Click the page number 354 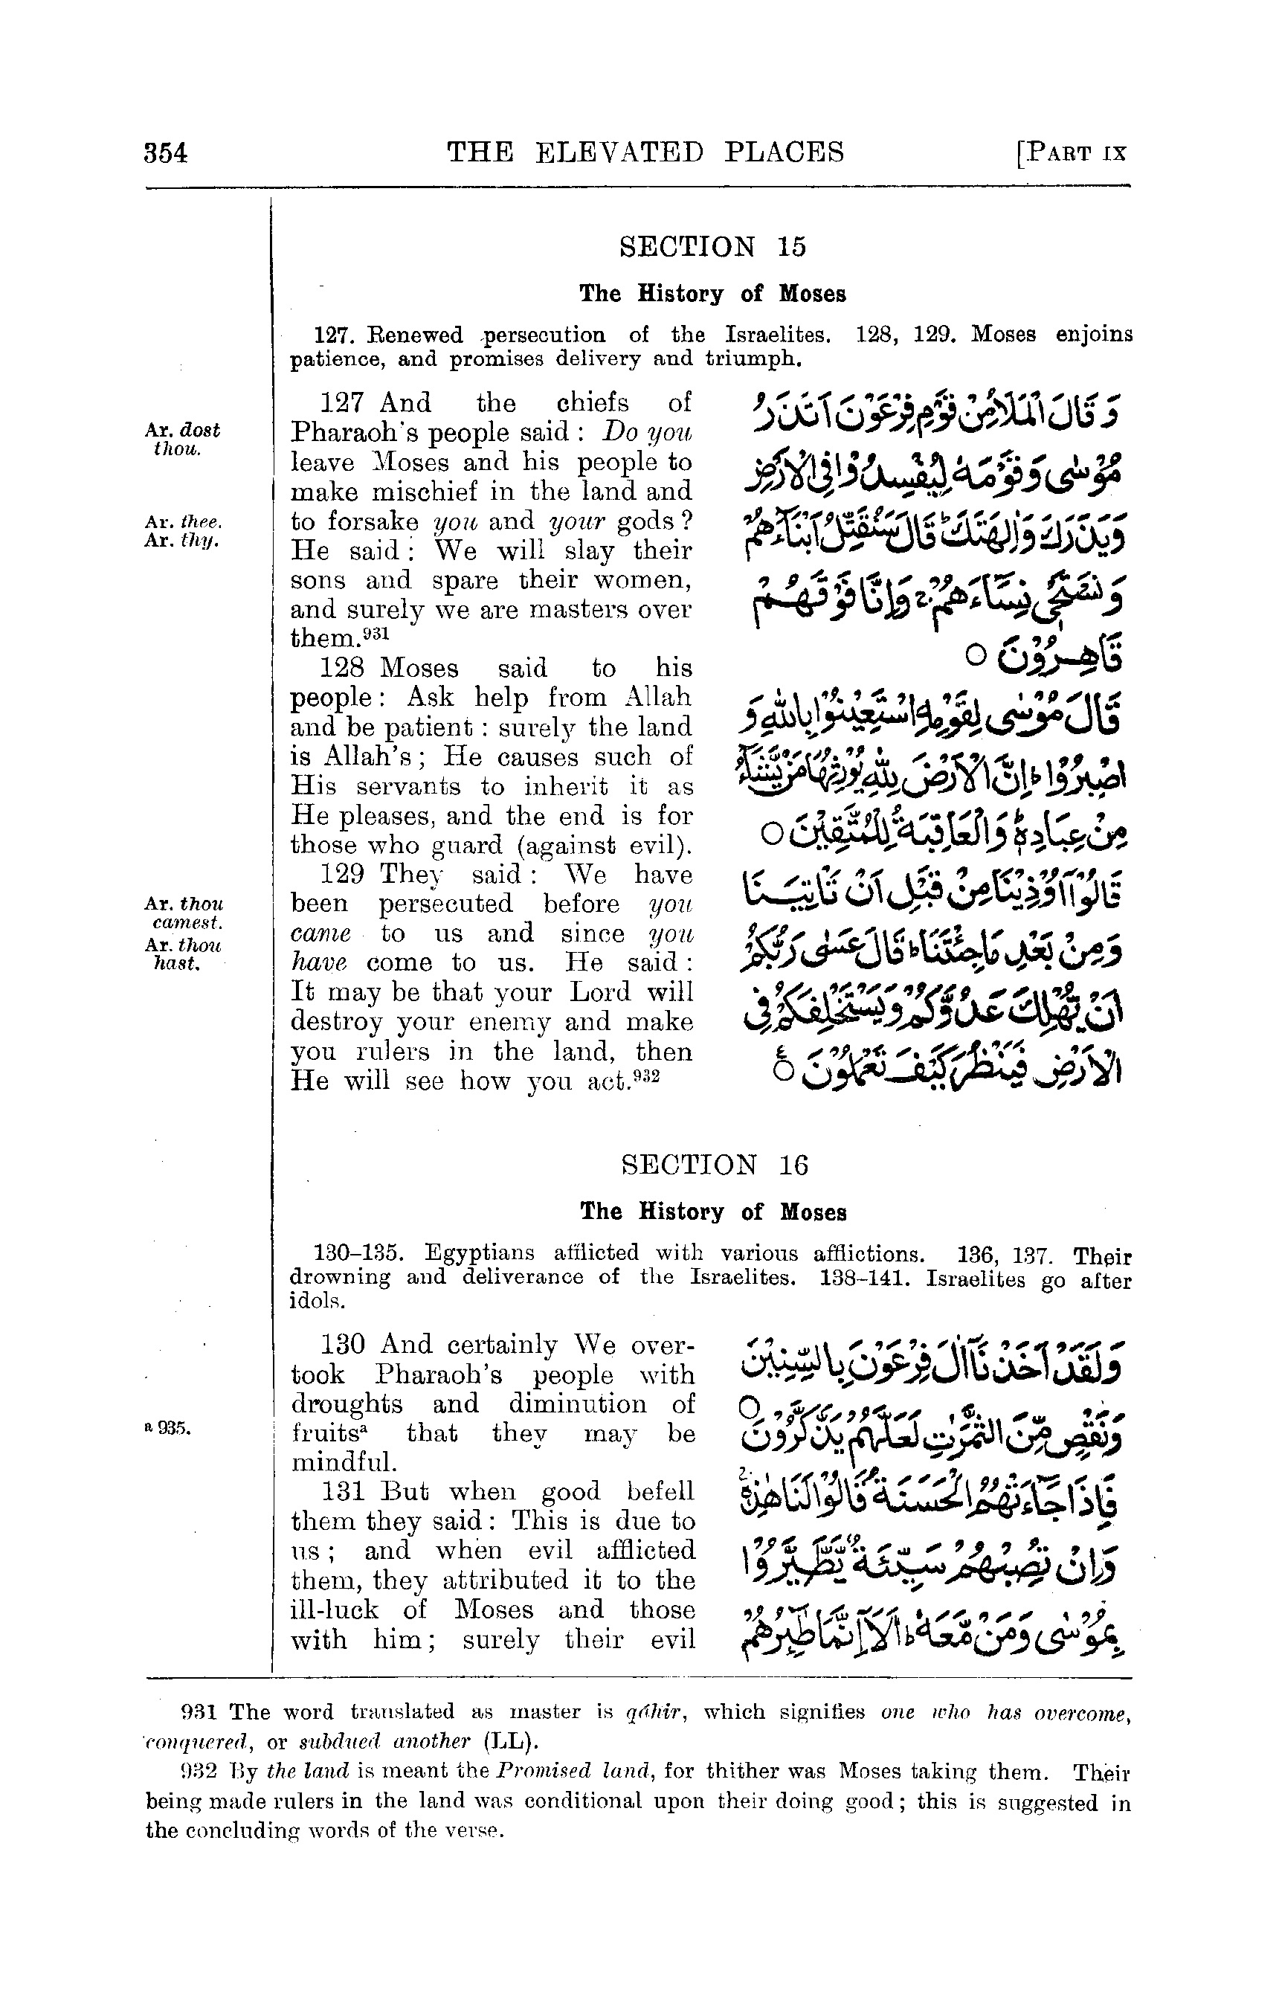pos(166,154)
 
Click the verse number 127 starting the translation pos(341,404)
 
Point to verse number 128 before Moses pos(341,669)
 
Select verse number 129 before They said pos(341,875)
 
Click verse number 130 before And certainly pos(341,1344)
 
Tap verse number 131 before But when pos(341,1492)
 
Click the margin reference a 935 pos(168,1430)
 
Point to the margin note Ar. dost pos(182,431)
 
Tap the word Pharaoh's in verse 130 pos(439,1374)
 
